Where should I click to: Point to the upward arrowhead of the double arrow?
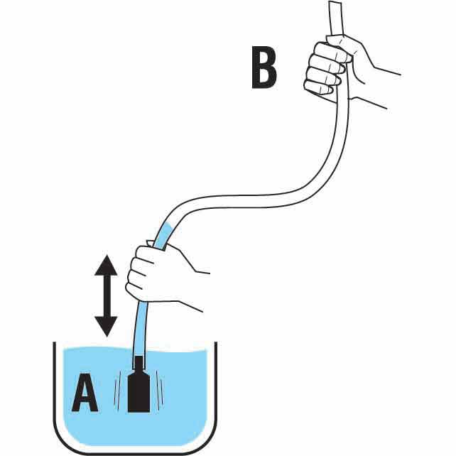pos(107,265)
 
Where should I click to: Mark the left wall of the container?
pos(55,384)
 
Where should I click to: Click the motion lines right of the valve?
pos(162,394)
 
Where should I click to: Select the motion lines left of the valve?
pos(117,394)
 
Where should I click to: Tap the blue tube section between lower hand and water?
pos(139,330)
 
